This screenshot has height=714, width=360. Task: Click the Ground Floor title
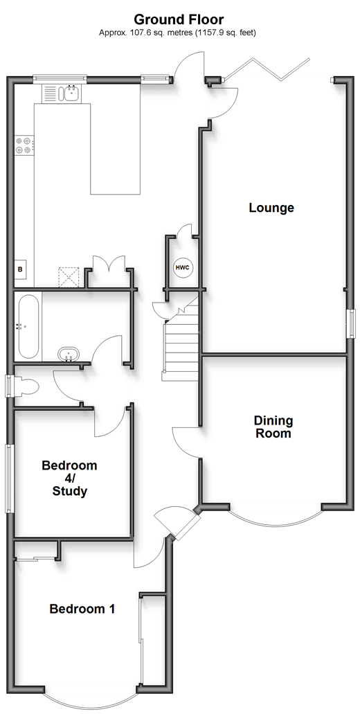pos(179,19)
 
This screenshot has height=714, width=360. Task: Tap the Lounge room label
pos(271,208)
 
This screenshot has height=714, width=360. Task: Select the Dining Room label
pos(273,427)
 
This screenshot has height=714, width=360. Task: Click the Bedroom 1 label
pos(82,609)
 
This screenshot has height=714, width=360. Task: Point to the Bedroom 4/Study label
pos(69,479)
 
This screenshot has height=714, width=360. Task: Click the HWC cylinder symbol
pos(183,267)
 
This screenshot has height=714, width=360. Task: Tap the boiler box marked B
pos(21,269)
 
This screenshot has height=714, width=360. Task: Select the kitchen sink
pos(71,93)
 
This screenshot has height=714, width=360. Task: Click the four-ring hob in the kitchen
pos(24,145)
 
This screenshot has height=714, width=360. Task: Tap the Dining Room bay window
pos(276,519)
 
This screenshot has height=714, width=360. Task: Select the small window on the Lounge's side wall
pos(352,324)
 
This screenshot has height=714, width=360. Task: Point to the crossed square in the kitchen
pos(69,277)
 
